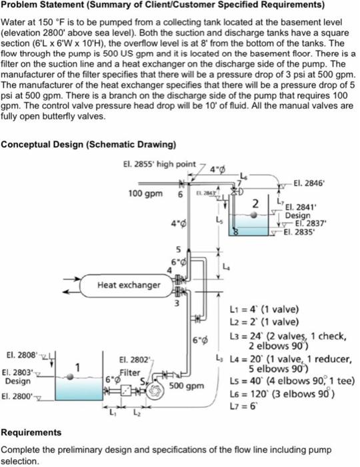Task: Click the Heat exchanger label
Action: pos(129,285)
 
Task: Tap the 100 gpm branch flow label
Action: pos(145,193)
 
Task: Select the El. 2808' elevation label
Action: pos(19,348)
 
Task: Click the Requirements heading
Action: pos(31,432)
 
